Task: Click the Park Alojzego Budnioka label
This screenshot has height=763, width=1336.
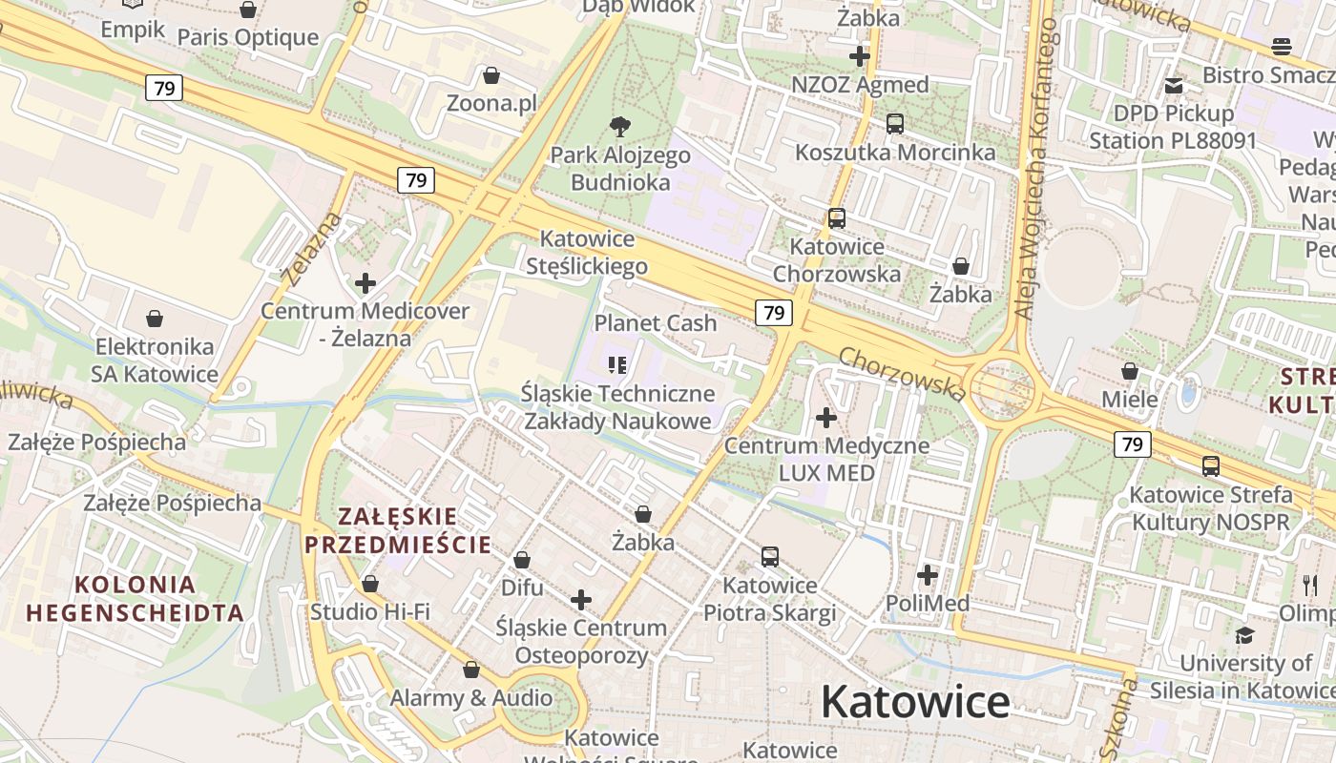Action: tap(620, 168)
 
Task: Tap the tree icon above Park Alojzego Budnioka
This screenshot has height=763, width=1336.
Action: tap(620, 126)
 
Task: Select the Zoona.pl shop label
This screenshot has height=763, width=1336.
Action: tap(491, 103)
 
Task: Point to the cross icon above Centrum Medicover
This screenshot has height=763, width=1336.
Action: tap(365, 283)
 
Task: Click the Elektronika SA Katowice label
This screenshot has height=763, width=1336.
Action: tap(155, 360)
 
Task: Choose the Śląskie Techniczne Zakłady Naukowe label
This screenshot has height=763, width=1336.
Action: tap(617, 406)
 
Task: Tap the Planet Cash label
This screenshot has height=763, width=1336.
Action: tap(656, 323)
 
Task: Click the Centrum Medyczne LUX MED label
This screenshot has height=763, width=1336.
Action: tap(826, 459)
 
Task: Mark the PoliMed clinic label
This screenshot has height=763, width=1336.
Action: tap(928, 603)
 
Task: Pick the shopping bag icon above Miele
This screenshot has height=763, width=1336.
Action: tap(1130, 371)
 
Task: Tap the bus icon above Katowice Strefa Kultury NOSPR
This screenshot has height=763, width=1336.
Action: tap(1210, 466)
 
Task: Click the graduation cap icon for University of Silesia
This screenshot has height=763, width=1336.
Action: tap(1244, 635)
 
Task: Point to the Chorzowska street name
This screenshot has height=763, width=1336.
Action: tap(902, 373)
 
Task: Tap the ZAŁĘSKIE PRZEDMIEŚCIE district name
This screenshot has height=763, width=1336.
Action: tap(397, 531)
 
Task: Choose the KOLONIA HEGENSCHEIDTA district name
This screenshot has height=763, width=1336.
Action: tap(135, 598)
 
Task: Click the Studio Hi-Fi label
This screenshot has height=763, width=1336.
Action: tap(370, 611)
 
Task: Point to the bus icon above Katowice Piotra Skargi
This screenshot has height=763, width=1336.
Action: tap(769, 556)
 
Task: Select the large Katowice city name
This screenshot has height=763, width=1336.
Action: tap(914, 703)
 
